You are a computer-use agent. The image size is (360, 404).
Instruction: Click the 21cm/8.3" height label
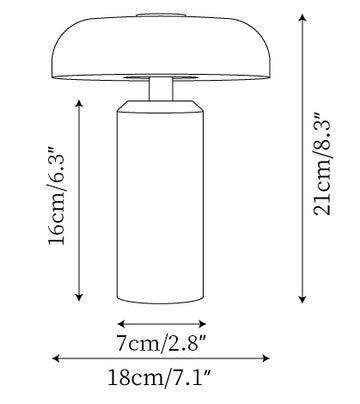(x=322, y=165)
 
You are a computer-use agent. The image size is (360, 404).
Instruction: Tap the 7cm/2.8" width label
(x=162, y=343)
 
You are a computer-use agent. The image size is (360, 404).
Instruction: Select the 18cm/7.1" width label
(x=160, y=378)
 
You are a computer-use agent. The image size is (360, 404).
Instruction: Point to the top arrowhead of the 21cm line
(x=302, y=17)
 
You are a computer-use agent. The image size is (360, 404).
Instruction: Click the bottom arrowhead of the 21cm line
(x=302, y=300)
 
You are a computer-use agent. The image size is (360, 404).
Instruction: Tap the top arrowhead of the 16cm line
(x=79, y=103)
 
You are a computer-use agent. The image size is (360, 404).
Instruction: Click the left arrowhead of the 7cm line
(x=121, y=323)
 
